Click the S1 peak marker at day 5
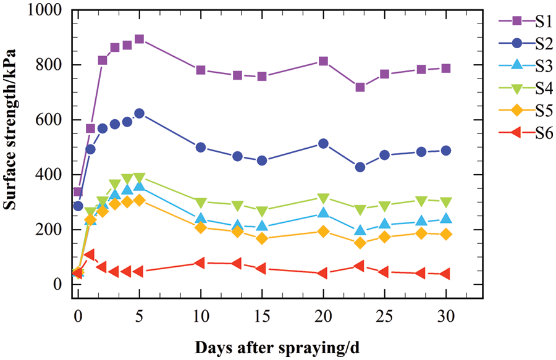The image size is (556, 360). (x=139, y=39)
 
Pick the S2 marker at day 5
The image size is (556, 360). (x=139, y=114)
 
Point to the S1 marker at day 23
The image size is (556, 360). (x=360, y=87)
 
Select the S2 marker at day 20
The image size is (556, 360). (x=323, y=143)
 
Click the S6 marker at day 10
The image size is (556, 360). (x=200, y=263)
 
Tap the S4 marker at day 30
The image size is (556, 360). (x=445, y=202)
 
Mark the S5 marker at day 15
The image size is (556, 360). (x=262, y=238)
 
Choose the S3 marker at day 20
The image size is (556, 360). (x=323, y=213)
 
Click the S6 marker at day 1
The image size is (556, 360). (x=90, y=254)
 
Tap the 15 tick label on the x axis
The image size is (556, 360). (x=261, y=317)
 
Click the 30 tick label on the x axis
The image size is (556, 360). (x=445, y=317)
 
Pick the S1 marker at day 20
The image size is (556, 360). (x=323, y=61)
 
